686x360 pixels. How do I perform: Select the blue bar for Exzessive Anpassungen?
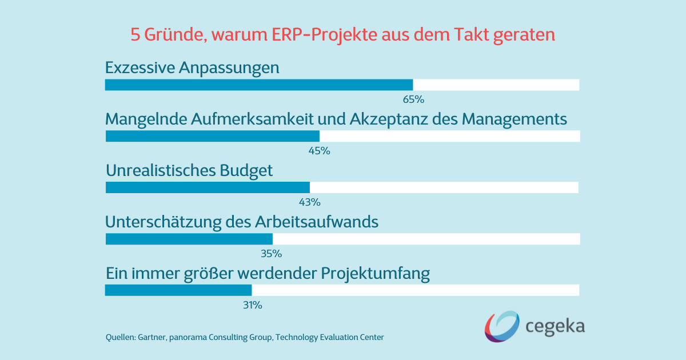(x=258, y=85)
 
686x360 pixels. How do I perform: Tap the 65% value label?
(x=413, y=99)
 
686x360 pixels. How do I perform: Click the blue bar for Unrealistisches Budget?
(x=208, y=187)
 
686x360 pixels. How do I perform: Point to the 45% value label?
(x=320, y=151)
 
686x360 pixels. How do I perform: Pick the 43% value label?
(x=310, y=202)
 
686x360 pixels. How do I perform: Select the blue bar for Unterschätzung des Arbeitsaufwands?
(x=189, y=239)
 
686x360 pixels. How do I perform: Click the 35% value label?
(x=272, y=254)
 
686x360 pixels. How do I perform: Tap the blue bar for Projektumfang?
(x=178, y=290)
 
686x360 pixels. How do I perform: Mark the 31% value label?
(x=252, y=305)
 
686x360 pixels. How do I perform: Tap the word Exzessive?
(x=140, y=68)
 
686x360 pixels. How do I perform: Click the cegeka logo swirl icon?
(x=502, y=327)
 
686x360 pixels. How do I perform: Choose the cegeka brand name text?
(x=555, y=327)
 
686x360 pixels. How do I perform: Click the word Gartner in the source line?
(x=151, y=337)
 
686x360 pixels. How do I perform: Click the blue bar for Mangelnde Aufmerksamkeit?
(x=213, y=136)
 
